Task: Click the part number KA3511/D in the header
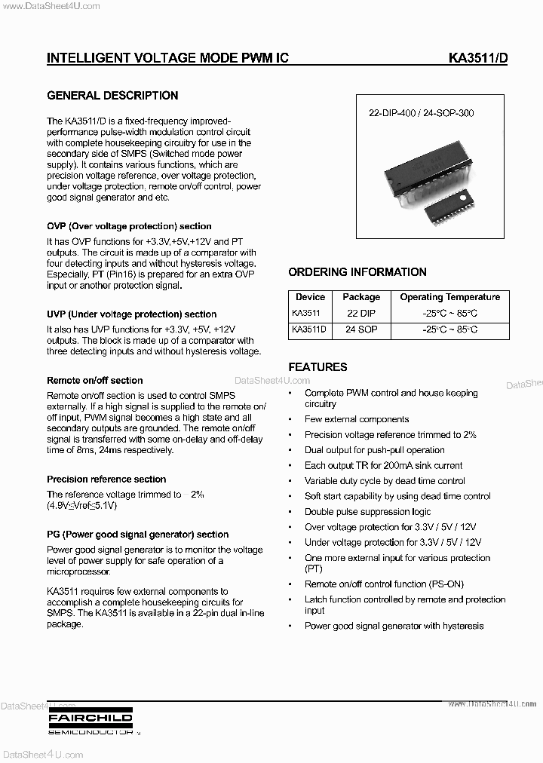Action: (x=477, y=58)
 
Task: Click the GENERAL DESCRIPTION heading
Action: (x=112, y=96)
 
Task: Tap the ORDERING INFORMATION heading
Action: (x=357, y=272)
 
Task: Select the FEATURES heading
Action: (x=318, y=367)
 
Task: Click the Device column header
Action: (x=310, y=297)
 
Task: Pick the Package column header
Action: (x=361, y=297)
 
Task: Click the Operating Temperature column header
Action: (x=449, y=297)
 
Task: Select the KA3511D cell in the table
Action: (x=308, y=329)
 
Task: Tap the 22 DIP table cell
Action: (x=361, y=313)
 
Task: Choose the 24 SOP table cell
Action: (x=361, y=329)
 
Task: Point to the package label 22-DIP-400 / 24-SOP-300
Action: (x=421, y=114)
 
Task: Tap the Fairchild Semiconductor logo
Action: (x=90, y=721)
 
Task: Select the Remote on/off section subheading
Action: (x=94, y=381)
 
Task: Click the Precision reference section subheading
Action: (x=106, y=480)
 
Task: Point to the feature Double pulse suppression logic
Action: (x=367, y=512)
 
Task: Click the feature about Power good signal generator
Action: (x=394, y=626)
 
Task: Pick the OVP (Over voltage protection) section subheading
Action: (x=129, y=226)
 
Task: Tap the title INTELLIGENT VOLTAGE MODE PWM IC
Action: (x=167, y=58)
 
